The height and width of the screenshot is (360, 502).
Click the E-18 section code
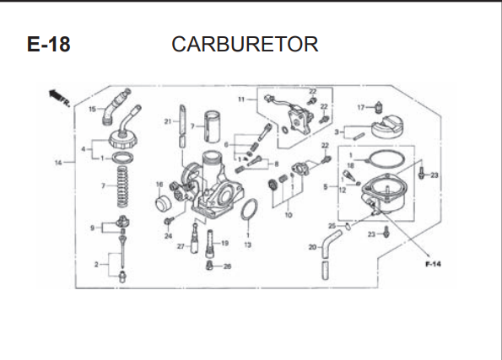pyautogui.click(x=49, y=44)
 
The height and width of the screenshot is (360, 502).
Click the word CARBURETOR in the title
pyautogui.click(x=245, y=44)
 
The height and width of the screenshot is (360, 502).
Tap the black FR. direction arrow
pyautogui.click(x=55, y=94)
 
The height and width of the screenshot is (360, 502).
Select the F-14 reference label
pyautogui.click(x=433, y=264)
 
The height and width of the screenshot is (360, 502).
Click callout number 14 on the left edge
pyautogui.click(x=58, y=163)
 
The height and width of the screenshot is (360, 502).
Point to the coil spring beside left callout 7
pyautogui.click(x=122, y=187)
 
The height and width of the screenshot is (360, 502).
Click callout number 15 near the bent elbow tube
pyautogui.click(x=92, y=110)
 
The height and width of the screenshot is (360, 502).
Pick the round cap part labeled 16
pyautogui.click(x=164, y=203)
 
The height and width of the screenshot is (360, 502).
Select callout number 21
pyautogui.click(x=168, y=121)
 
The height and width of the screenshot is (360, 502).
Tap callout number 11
pyautogui.click(x=241, y=99)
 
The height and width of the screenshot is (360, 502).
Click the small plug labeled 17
pyautogui.click(x=379, y=107)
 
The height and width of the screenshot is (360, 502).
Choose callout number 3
pyautogui.click(x=337, y=132)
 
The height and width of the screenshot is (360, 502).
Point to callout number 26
pyautogui.click(x=227, y=266)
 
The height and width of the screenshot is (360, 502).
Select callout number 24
pyautogui.click(x=168, y=236)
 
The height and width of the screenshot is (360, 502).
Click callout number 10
pyautogui.click(x=289, y=215)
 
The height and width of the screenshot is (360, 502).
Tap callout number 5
pyautogui.click(x=326, y=186)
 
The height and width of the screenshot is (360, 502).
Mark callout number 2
pyautogui.click(x=96, y=265)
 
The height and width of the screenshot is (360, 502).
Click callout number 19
pyautogui.click(x=224, y=243)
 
